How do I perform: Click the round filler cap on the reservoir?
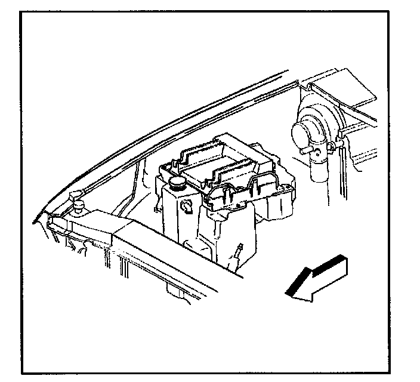(177, 181)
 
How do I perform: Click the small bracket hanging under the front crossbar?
(175, 291)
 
